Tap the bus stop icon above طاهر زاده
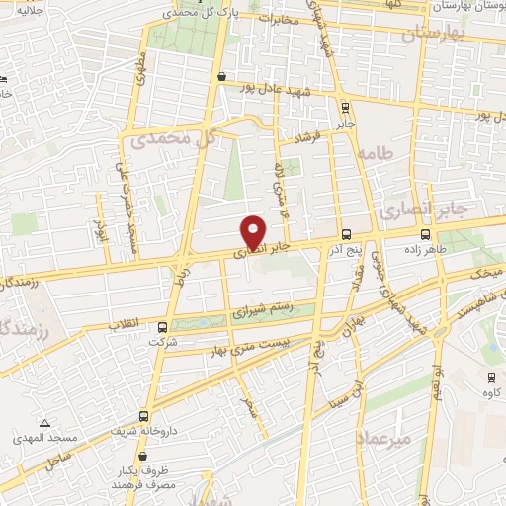click(425, 235)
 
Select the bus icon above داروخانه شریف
click(145, 416)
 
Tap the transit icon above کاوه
click(491, 377)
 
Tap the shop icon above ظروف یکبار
click(144, 457)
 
